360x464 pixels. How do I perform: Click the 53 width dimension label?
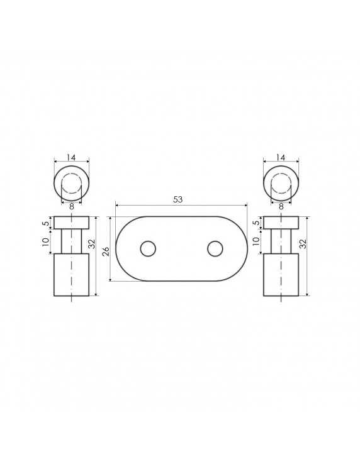point(178,200)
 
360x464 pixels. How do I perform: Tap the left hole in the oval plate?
point(148,249)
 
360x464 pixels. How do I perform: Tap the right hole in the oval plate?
point(215,249)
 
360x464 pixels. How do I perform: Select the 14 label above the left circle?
point(71,157)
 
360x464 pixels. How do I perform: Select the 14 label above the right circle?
point(281,157)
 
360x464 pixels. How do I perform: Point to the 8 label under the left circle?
point(71,207)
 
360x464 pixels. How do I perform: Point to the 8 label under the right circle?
point(281,207)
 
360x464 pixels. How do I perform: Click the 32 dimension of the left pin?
point(91,243)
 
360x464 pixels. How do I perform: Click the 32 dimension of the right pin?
point(303,243)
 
